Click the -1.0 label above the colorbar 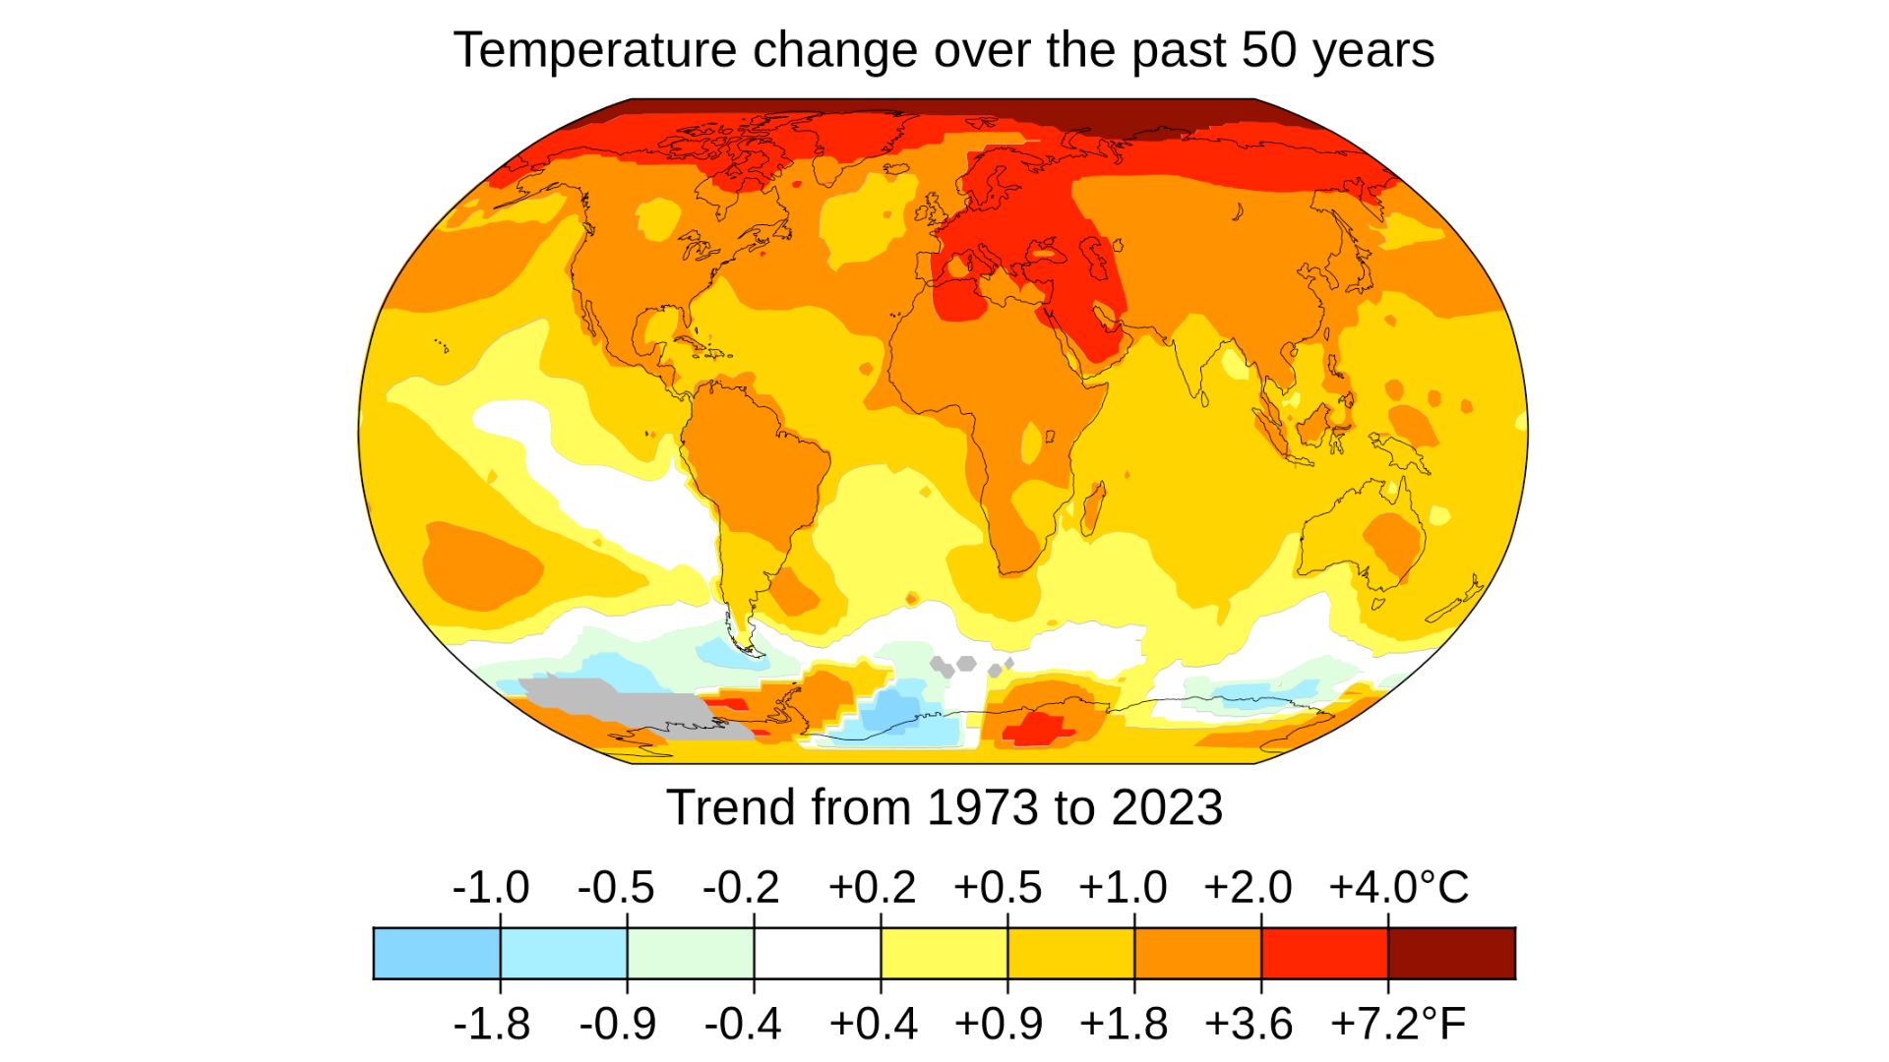490,887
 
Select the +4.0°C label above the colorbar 1398,887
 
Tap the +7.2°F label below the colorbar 1398,1024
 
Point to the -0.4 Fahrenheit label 742,1024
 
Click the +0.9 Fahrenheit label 998,1024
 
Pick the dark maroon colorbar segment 1451,953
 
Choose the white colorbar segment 818,953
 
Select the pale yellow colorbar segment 944,953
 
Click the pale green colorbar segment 691,953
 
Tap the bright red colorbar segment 1324,953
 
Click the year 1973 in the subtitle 982,807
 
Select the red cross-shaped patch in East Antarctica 1039,729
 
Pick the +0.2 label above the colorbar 872,887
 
